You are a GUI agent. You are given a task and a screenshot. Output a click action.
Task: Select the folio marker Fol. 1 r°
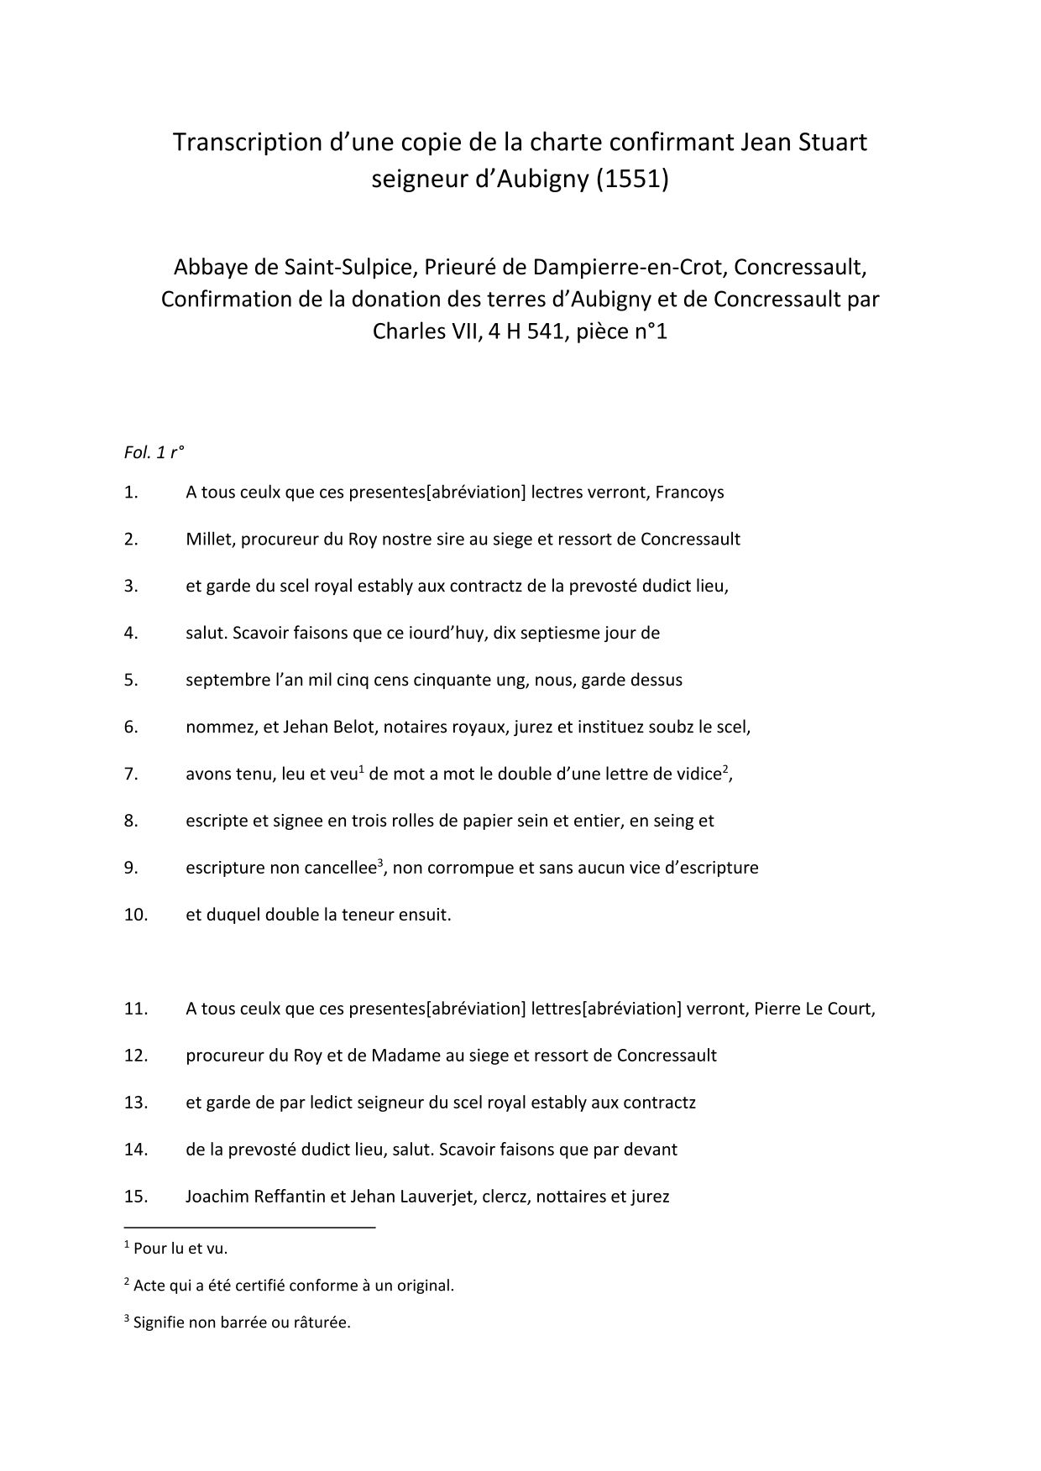pos(154,452)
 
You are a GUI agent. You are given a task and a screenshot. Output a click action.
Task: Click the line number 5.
pos(131,681)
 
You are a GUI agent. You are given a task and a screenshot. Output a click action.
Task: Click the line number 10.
pos(135,915)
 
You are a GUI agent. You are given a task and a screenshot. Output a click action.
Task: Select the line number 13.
pos(135,1103)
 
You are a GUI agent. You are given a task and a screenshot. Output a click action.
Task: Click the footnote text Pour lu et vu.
pos(180,1249)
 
